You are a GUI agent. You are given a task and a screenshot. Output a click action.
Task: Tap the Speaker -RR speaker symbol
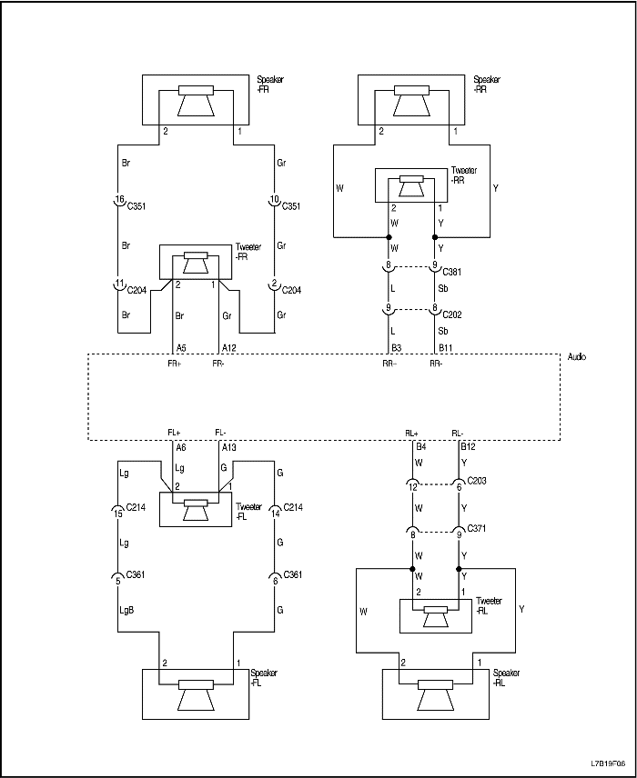(411, 100)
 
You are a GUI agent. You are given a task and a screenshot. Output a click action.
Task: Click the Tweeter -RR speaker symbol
(411, 188)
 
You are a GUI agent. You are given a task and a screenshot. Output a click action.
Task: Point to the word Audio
(576, 357)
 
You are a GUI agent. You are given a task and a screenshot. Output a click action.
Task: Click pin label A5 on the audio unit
(180, 348)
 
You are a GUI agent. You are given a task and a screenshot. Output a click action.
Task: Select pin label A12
(231, 348)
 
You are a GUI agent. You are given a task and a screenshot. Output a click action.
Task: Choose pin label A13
(230, 447)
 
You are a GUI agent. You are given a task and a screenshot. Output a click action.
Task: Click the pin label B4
(421, 447)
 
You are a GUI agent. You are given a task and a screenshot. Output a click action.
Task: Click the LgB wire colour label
(126, 610)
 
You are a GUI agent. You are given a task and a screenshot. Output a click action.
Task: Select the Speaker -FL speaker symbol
(196, 695)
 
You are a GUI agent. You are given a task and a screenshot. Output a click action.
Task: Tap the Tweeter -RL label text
(490, 605)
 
